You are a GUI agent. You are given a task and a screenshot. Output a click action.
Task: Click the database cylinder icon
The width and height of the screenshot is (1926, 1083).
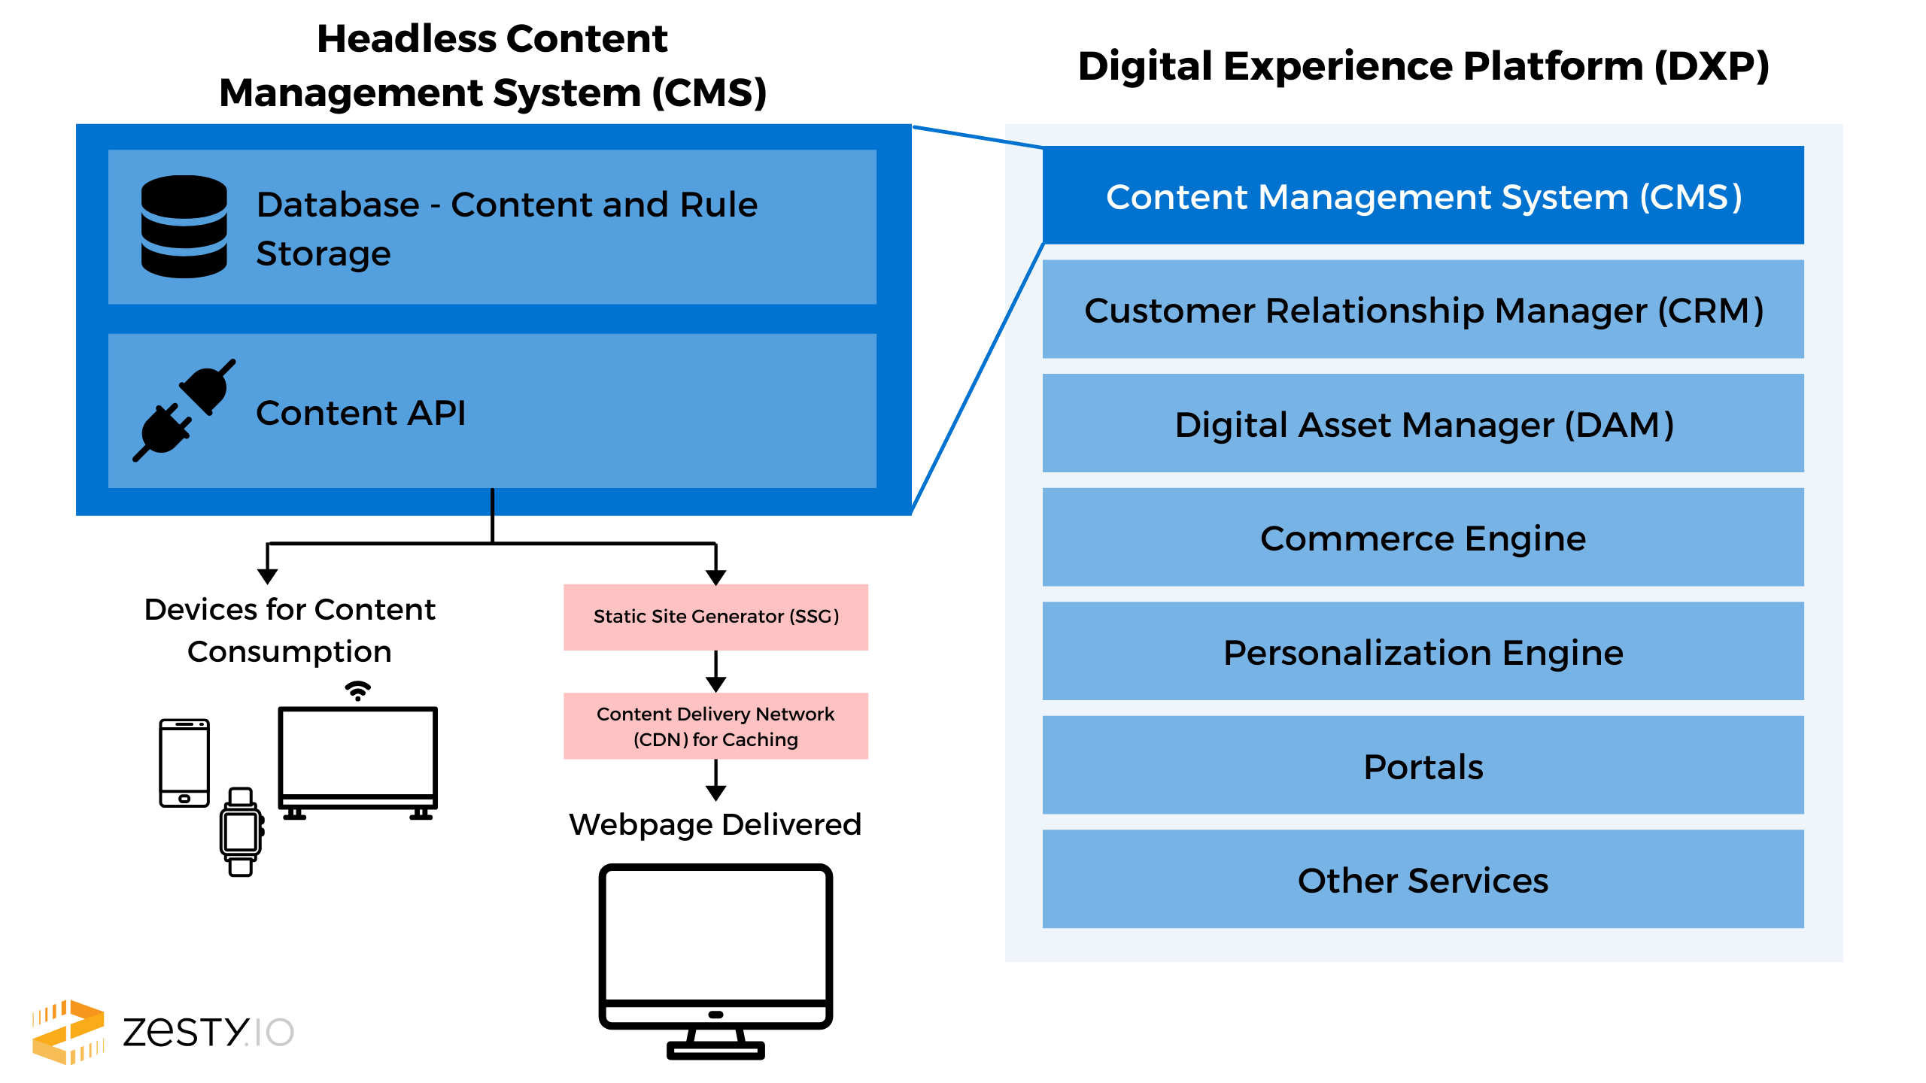tap(184, 226)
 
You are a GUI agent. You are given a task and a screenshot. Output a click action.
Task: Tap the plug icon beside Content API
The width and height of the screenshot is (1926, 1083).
tap(184, 411)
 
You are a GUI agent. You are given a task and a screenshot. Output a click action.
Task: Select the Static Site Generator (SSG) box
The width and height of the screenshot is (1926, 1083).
tap(715, 617)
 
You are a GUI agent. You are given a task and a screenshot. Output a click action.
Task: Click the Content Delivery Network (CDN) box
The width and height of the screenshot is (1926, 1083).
tap(715, 726)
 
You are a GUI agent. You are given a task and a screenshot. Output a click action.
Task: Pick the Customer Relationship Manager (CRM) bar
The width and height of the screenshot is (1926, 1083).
tap(1423, 309)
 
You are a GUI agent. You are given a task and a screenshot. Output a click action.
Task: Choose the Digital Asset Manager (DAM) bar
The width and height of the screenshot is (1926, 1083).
tap(1423, 423)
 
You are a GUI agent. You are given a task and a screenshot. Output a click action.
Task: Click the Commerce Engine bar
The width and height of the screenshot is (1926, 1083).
tap(1423, 537)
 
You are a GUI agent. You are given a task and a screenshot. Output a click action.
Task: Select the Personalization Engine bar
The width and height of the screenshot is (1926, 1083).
tap(1423, 651)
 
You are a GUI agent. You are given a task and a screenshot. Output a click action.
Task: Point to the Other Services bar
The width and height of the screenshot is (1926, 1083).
tap(1423, 879)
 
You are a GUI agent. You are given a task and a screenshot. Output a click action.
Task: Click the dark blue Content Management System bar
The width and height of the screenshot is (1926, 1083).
tap(1423, 196)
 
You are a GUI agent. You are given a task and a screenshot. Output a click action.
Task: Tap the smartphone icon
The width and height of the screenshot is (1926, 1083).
tap(184, 763)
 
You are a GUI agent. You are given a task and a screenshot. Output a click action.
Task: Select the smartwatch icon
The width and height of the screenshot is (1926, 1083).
tap(241, 832)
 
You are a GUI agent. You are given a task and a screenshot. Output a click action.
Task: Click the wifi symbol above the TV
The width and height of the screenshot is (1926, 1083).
tap(358, 690)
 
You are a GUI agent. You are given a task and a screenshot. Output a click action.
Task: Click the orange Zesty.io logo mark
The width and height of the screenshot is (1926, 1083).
tap(68, 1032)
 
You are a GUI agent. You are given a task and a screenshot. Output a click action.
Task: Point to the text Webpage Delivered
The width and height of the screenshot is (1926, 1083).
tap(715, 824)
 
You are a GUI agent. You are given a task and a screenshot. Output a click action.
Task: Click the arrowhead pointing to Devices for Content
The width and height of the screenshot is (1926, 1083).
tap(268, 576)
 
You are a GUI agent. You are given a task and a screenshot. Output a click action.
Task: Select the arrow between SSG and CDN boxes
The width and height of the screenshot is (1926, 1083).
tap(715, 672)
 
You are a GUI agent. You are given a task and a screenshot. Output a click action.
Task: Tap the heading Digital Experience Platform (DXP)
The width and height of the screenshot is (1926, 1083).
tap(1423, 66)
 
